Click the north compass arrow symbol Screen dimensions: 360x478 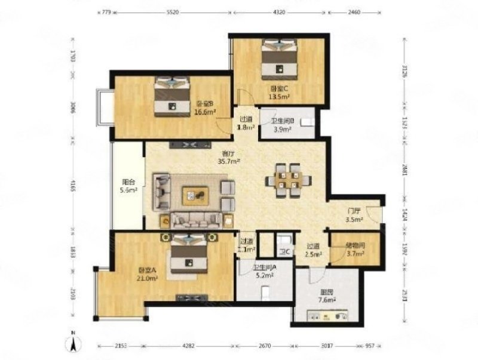pos(73,343)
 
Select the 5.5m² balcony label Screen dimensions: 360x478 pos(126,187)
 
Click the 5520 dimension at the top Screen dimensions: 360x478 pos(173,11)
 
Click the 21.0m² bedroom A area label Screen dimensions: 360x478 pos(145,273)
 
